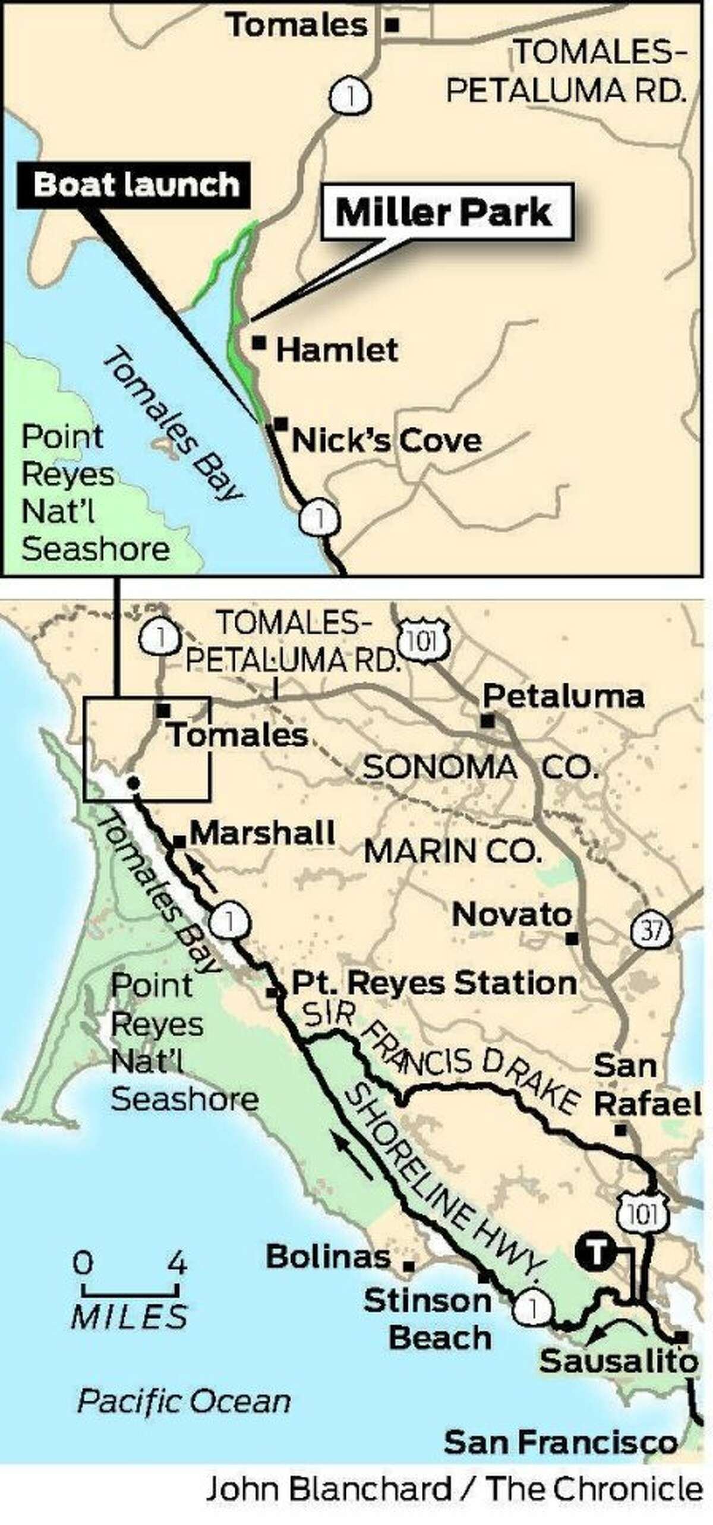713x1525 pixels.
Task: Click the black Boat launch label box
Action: coord(135,185)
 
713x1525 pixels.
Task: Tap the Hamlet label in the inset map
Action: coord(337,351)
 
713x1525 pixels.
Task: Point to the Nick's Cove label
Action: coord(386,441)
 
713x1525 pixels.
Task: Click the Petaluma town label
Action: coord(563,697)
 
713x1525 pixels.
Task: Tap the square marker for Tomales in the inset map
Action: coord(392,25)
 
